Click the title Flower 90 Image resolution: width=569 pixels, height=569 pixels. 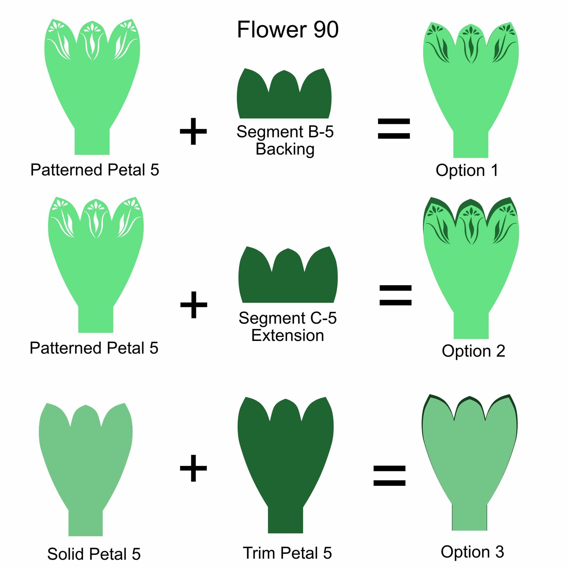(287, 30)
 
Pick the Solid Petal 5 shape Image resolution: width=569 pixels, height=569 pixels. (86, 459)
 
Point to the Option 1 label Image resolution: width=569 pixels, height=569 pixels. (467, 170)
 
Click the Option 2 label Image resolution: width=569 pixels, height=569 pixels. (473, 351)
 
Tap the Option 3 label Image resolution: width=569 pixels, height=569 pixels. (472, 552)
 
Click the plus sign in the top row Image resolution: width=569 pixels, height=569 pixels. (193, 132)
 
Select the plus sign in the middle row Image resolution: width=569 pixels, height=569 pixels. (193, 305)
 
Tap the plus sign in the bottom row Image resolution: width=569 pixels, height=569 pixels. (193, 468)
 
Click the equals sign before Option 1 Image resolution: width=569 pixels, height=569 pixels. (394, 128)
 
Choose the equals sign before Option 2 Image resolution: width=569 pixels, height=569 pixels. (395, 295)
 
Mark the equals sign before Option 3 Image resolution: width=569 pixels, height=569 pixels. (389, 476)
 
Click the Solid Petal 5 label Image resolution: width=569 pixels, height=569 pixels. (94, 554)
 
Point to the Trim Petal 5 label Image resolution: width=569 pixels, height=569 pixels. (287, 553)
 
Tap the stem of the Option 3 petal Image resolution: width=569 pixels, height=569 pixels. (469, 517)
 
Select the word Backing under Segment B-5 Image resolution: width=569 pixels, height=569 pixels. (285, 149)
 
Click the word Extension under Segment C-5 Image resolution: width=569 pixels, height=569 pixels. (287, 335)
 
